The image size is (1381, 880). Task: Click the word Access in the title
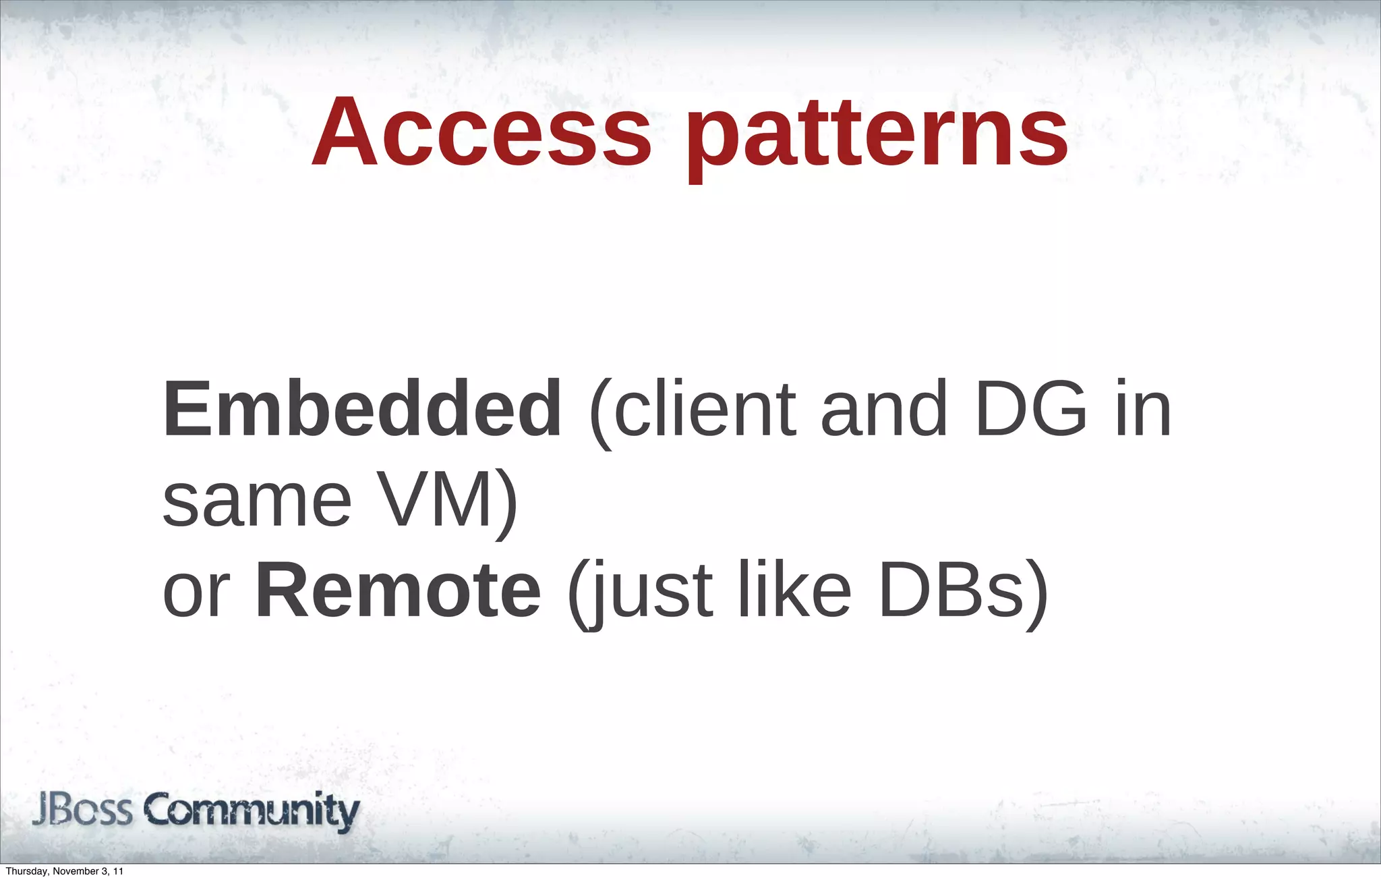tap(481, 132)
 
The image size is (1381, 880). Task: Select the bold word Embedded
tap(362, 409)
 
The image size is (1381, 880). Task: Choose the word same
tap(257, 503)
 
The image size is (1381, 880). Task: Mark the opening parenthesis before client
tap(600, 412)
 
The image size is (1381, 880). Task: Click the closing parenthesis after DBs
tap(1036, 594)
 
